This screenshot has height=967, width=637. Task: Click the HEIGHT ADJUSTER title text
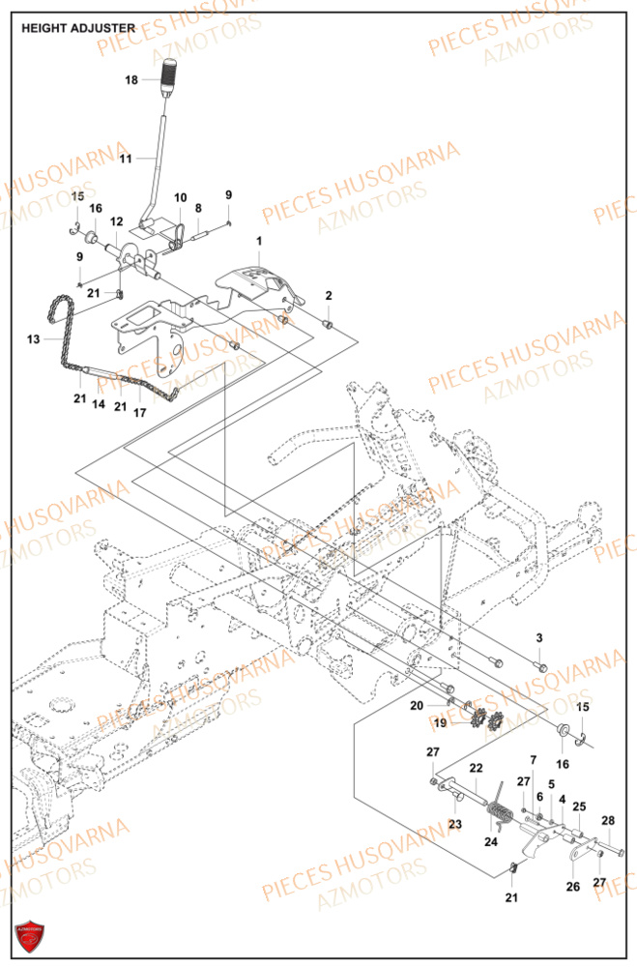click(78, 28)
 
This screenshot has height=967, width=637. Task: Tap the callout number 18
click(132, 80)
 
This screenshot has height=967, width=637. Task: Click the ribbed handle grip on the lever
click(170, 73)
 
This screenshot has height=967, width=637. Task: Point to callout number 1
click(259, 239)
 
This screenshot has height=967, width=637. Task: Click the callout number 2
click(329, 295)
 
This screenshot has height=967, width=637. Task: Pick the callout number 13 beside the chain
click(34, 339)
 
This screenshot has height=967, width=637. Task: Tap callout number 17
click(139, 413)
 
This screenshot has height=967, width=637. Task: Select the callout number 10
click(180, 198)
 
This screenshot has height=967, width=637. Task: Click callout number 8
click(198, 207)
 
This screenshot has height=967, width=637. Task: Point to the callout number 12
click(115, 222)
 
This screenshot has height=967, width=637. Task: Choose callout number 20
click(417, 706)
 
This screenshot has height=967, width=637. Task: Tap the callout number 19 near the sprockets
click(440, 722)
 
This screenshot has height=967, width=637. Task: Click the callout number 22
click(476, 768)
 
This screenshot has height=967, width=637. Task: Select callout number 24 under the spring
click(491, 841)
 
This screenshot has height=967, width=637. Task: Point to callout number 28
click(608, 821)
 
